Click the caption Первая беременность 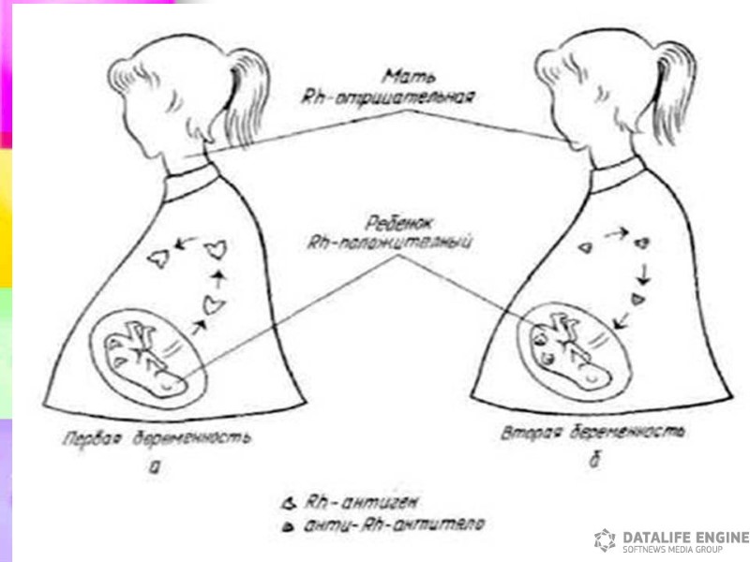click(x=156, y=438)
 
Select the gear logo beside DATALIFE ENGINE click(x=605, y=540)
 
